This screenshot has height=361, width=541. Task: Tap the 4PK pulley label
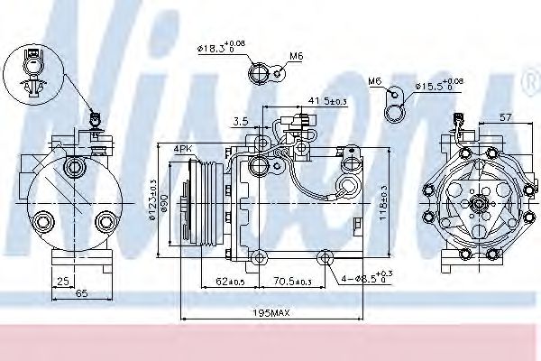(183, 147)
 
